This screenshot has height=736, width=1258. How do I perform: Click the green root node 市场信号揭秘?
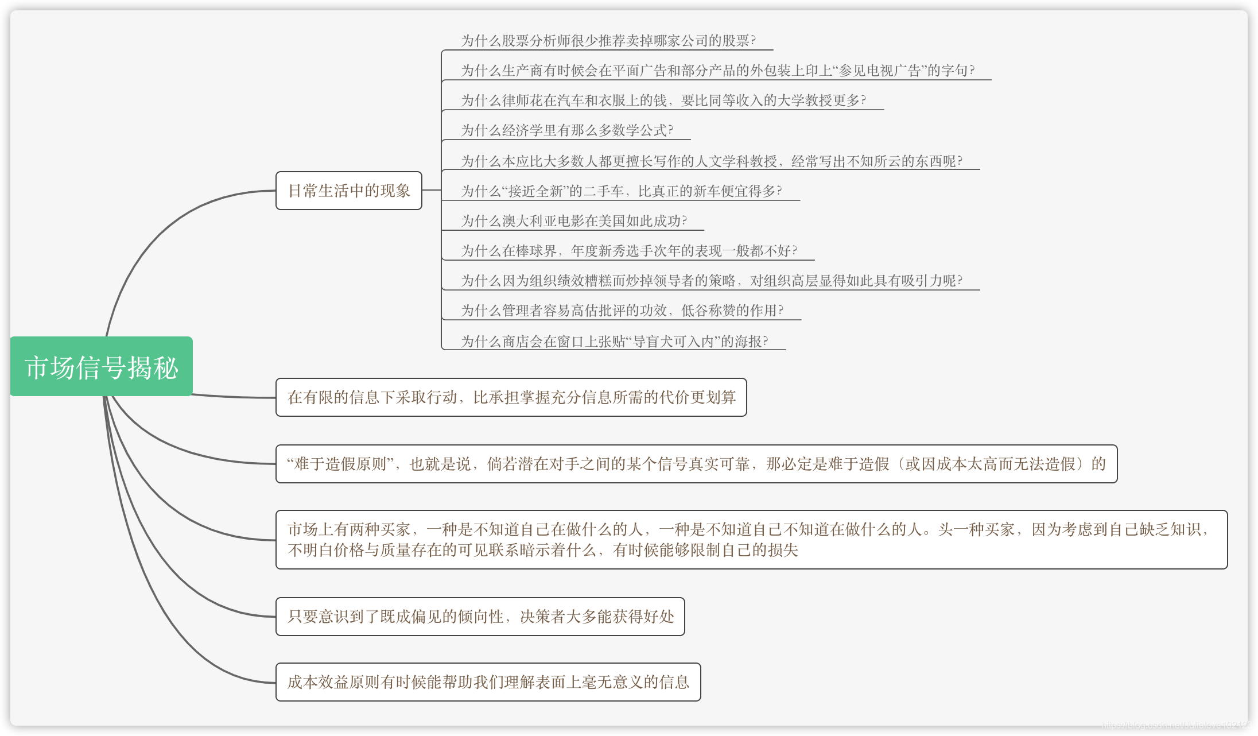click(x=102, y=367)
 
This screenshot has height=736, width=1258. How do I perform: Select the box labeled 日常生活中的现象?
click(x=349, y=191)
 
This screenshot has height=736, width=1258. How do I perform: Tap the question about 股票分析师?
click(x=608, y=41)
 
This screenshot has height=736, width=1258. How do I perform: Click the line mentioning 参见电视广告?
click(x=717, y=71)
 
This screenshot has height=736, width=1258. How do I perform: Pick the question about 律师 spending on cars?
click(x=663, y=100)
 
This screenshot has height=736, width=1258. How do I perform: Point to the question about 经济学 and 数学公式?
click(x=567, y=130)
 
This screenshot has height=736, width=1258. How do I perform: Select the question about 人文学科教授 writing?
click(x=712, y=161)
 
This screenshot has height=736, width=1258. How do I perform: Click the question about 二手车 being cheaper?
click(x=622, y=191)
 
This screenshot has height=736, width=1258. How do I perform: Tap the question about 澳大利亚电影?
click(x=574, y=221)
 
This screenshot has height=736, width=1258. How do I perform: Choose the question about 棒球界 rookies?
click(x=629, y=251)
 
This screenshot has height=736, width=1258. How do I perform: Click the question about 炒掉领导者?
click(x=712, y=281)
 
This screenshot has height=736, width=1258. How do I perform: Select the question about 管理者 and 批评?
click(x=622, y=311)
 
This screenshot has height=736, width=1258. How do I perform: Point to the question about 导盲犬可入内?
click(x=615, y=342)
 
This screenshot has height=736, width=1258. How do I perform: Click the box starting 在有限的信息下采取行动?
click(x=511, y=397)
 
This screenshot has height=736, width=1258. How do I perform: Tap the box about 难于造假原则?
click(x=696, y=464)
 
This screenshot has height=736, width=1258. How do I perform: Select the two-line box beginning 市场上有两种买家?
click(x=751, y=540)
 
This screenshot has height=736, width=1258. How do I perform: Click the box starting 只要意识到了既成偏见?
click(x=480, y=617)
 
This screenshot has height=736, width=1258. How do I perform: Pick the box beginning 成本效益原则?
click(x=488, y=682)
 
